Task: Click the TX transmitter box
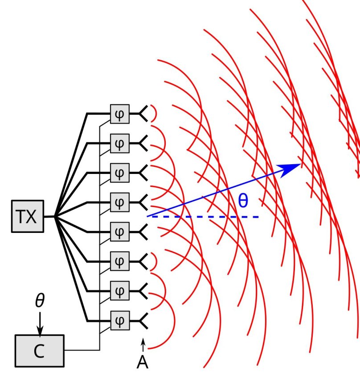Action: (28, 217)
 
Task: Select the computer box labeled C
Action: (39, 352)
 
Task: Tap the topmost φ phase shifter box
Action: (119, 115)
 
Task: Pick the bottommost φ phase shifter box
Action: (119, 320)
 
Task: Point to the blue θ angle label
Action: (242, 201)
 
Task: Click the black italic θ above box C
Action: (40, 301)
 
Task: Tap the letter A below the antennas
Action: (142, 363)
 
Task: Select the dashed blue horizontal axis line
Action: (205, 217)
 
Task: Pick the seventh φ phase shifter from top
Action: (119, 291)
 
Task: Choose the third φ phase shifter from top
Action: (119, 173)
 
